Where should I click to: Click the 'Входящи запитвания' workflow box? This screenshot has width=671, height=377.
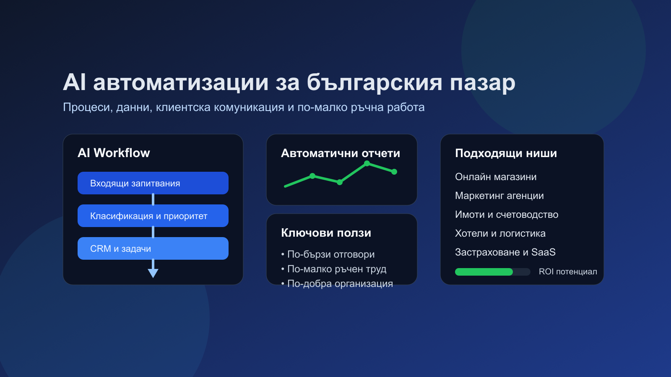point(153,183)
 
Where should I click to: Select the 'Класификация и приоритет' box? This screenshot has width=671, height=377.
point(153,216)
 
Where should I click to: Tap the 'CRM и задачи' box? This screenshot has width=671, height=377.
point(153,248)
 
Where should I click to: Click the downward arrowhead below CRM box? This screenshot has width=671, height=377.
point(153,273)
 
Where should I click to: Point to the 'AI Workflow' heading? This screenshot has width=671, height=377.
point(114,153)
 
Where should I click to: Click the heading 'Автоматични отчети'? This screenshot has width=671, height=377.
point(340,153)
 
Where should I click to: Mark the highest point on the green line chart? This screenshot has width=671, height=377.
point(367,163)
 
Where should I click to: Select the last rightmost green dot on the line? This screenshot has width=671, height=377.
point(394,172)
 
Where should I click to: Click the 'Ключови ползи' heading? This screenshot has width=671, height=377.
point(326,233)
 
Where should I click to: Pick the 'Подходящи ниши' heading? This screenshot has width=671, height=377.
point(506,153)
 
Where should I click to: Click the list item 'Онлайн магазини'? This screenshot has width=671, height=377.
point(496,177)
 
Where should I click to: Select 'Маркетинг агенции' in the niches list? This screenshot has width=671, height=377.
point(499,196)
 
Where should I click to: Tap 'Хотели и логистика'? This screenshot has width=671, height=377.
point(500,233)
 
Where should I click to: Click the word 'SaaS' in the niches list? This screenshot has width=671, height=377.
point(543,252)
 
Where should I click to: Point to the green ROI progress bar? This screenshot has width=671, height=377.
point(484,272)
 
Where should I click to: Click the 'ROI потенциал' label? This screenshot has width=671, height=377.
point(567,271)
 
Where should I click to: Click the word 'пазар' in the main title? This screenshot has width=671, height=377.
point(482,83)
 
